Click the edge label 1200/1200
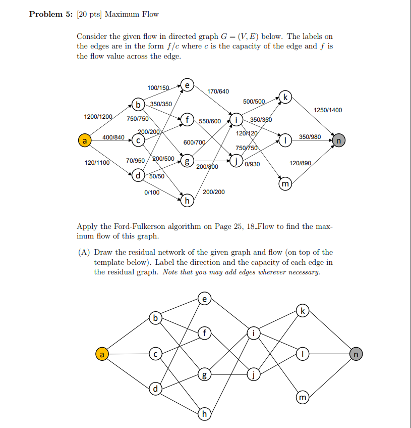[98, 117]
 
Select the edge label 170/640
[218, 91]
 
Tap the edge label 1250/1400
[328, 110]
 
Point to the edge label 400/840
[113, 137]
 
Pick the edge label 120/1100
[97, 163]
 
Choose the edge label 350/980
[310, 137]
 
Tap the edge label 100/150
[158, 88]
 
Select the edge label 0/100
[152, 192]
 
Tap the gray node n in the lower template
[356, 355]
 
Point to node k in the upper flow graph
[285, 97]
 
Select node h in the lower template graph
[204, 414]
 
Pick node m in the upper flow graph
[285, 184]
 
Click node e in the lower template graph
[204, 298]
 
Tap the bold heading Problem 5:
[51, 14]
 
